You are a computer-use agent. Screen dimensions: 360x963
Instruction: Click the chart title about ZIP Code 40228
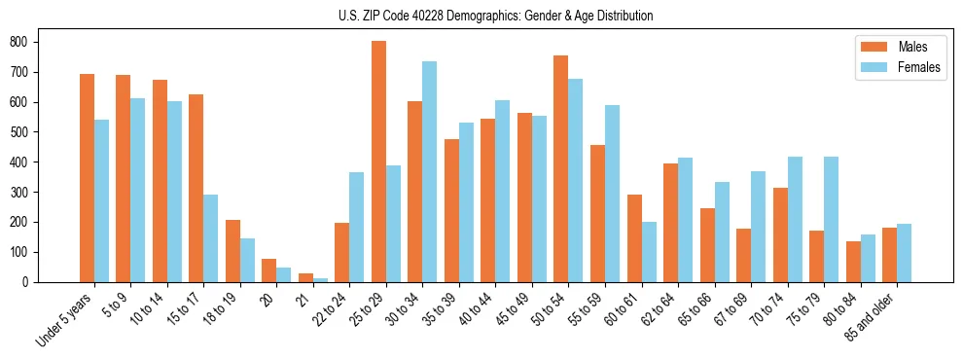click(x=481, y=16)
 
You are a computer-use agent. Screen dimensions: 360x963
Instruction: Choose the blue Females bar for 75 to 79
click(x=831, y=219)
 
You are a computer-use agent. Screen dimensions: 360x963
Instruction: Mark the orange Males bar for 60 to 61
click(x=634, y=238)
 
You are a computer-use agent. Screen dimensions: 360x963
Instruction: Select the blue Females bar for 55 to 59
click(x=612, y=194)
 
